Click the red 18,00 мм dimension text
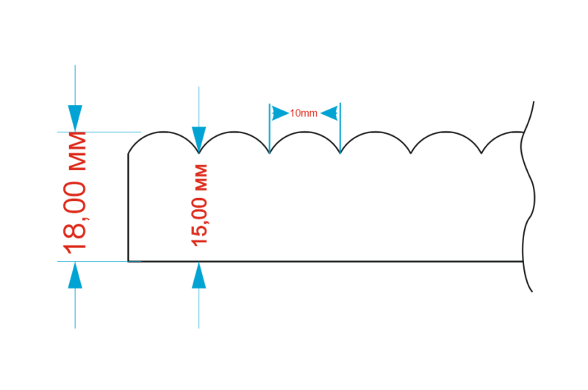click(76, 192)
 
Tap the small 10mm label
click(304, 113)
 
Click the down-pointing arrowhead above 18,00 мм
click(75, 118)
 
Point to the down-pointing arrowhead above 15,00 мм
click(199, 138)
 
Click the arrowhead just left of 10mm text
click(280, 113)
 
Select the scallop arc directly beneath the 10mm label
click(305, 132)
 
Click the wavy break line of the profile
click(531, 199)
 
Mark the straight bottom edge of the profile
click(323, 261)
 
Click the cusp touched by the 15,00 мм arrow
click(199, 153)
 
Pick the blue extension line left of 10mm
click(270, 129)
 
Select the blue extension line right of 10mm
click(340, 129)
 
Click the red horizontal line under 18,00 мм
click(96, 261)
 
